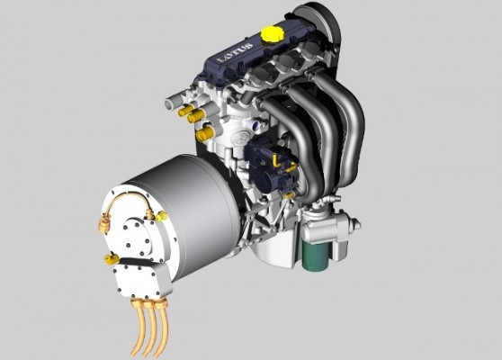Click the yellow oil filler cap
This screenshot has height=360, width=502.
click(272, 33)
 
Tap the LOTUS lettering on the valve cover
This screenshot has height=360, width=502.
click(236, 52)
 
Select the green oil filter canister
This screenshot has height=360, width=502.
click(316, 256)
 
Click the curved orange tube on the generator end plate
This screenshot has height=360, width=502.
click(127, 200)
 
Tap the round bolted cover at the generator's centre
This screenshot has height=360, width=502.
click(138, 237)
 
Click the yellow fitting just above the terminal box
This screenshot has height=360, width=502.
click(112, 257)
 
